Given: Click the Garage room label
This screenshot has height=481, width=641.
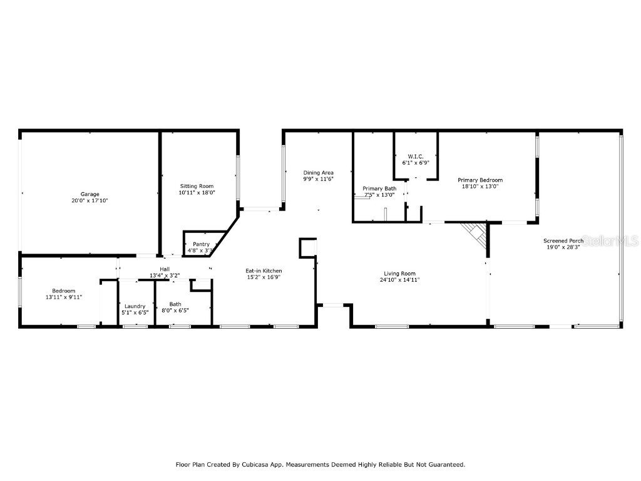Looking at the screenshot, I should [x=90, y=194].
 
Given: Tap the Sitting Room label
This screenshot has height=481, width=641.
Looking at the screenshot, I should [x=197, y=186].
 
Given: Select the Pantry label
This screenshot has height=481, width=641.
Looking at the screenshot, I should [x=201, y=244].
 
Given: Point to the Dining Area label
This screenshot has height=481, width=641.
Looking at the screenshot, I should [x=318, y=172].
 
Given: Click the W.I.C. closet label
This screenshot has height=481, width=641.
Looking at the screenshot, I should [x=415, y=156].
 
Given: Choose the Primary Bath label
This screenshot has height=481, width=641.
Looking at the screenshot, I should [x=379, y=189].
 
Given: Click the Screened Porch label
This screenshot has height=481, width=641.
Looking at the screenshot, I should [x=563, y=240].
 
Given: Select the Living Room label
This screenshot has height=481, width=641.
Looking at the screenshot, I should [x=399, y=273].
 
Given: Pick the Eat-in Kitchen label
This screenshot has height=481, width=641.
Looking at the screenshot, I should [x=263, y=271].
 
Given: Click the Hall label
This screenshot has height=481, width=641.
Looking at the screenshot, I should [x=165, y=269].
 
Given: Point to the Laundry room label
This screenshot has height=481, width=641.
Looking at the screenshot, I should [x=135, y=306].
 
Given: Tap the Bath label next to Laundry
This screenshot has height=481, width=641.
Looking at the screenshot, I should [x=175, y=304].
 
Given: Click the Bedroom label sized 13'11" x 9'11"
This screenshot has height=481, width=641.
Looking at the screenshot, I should [x=63, y=291].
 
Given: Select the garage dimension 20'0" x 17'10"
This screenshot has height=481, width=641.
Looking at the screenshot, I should [x=90, y=201].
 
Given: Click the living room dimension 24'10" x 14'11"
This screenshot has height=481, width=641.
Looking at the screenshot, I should [x=399, y=280].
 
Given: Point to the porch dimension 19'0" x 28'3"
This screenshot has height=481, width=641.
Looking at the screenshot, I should [x=563, y=247].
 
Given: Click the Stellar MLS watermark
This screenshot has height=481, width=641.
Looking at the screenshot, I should [x=610, y=240].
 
